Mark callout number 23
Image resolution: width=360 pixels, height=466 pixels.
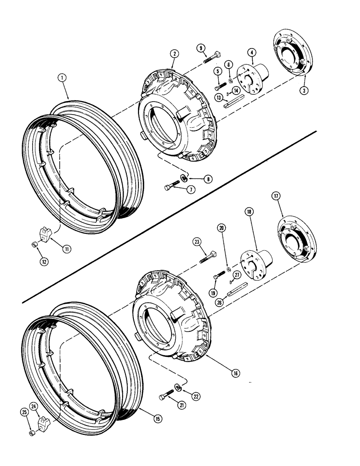pos(198,241)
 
